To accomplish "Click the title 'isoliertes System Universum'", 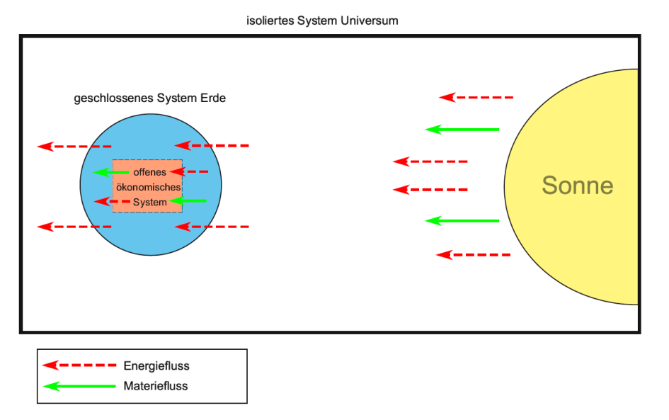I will coord(322,21).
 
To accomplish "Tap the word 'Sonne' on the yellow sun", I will coord(577,186).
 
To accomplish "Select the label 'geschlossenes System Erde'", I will coord(150,98).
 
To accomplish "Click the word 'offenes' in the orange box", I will coord(149,172).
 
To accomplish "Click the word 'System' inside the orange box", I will coord(150,202).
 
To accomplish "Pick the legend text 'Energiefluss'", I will coord(156,366).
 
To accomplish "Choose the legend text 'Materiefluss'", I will coord(156,386).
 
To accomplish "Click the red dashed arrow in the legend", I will coord(79,365).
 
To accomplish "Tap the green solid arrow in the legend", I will coord(79,386).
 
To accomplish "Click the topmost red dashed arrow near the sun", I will coord(476,97).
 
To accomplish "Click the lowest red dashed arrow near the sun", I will coord(473,254).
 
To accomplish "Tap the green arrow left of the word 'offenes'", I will coord(112,172).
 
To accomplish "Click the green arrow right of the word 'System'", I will coord(188,201).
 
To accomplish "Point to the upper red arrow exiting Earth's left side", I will coord(74,147).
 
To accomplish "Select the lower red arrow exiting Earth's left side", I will coord(74,227).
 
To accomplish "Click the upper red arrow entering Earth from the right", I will coord(212,146).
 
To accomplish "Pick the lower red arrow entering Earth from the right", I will coord(212,227).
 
